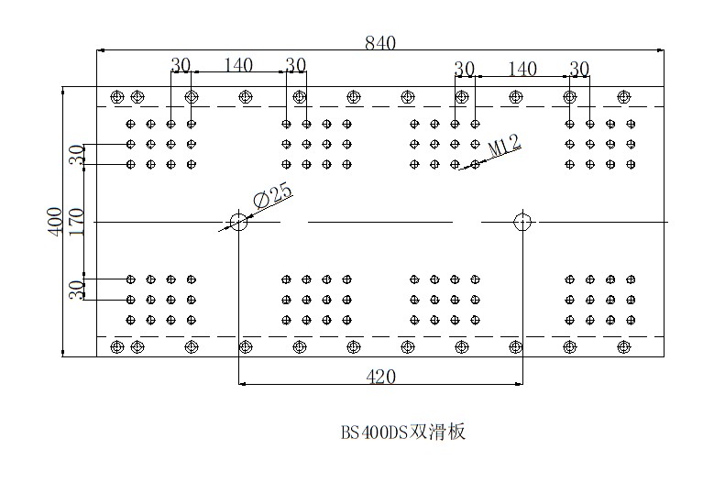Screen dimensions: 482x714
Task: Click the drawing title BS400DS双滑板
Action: point(403,431)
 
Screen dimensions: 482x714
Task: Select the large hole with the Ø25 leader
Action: point(238,221)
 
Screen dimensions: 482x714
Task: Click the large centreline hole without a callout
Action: point(522,221)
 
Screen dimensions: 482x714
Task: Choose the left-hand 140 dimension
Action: point(237,65)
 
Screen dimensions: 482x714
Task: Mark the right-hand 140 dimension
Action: point(522,68)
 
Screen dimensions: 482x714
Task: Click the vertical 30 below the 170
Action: point(77,289)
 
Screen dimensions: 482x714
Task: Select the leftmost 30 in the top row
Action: point(180,65)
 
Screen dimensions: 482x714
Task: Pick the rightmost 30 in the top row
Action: point(579,68)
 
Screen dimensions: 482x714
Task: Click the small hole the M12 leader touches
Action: point(475,165)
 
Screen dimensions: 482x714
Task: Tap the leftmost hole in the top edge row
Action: point(116,96)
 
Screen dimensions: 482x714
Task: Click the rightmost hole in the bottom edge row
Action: point(624,346)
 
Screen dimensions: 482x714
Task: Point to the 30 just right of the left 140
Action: point(295,65)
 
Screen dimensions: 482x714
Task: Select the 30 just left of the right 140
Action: point(465,68)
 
